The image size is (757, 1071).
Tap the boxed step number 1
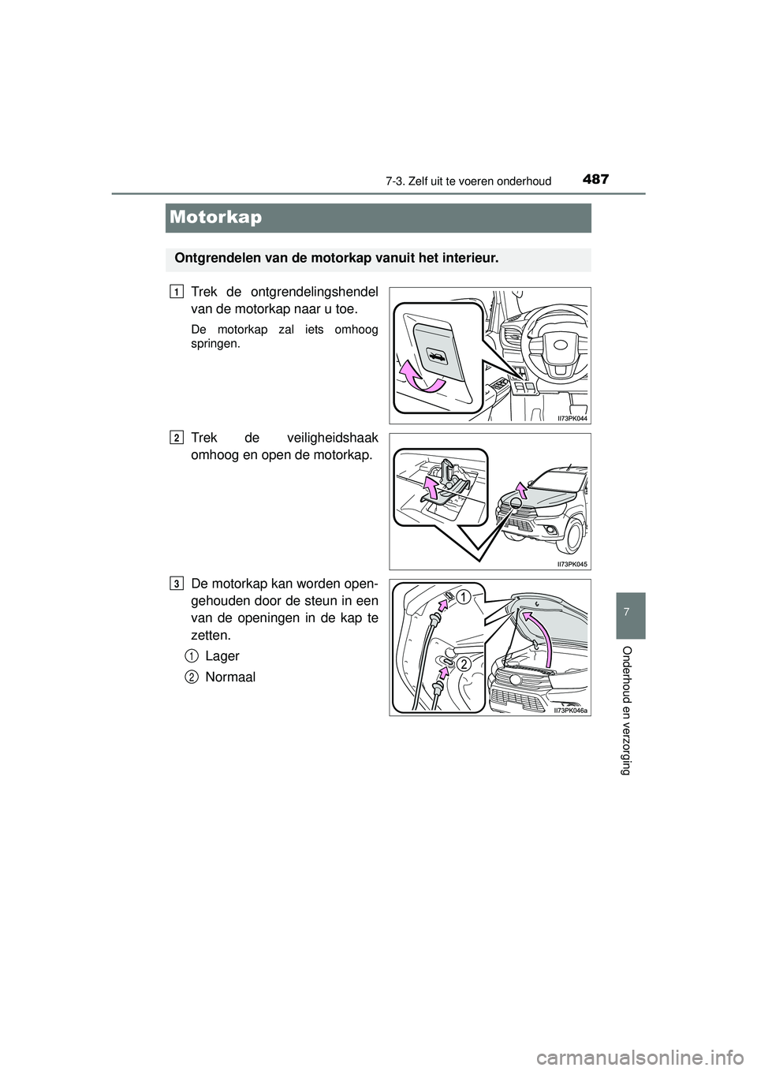(x=174, y=292)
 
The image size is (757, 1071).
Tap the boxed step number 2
(x=174, y=437)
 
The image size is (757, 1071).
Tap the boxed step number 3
(x=174, y=583)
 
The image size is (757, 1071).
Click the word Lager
(x=222, y=655)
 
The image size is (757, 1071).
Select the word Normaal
(x=229, y=677)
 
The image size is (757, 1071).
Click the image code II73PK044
(x=572, y=419)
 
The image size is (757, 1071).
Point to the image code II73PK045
(x=572, y=564)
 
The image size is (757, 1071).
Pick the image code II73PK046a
(x=570, y=710)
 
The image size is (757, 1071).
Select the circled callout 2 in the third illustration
(x=464, y=664)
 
